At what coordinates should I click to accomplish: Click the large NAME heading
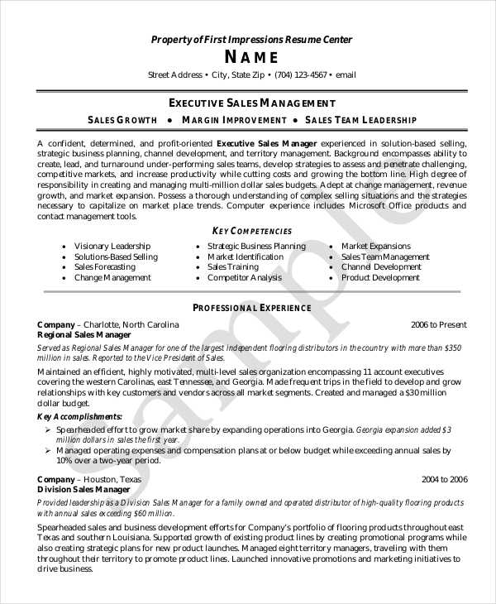[251, 57]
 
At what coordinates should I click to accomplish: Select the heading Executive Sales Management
[251, 103]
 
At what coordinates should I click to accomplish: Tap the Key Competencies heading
[251, 231]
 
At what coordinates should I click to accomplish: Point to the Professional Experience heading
[251, 308]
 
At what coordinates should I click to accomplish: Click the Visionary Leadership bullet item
[112, 247]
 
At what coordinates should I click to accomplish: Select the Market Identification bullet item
[245, 257]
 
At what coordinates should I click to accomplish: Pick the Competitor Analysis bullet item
[244, 278]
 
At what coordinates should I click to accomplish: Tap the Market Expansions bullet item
[375, 247]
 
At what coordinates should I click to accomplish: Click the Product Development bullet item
[380, 278]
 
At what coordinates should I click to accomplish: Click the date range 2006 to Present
[438, 324]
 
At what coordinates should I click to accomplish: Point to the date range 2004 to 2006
[444, 479]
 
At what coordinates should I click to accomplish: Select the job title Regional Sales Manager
[84, 335]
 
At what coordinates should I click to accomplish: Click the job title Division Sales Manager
[83, 490]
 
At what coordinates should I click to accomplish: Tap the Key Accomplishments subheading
[80, 416]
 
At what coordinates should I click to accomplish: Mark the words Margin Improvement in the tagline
[233, 121]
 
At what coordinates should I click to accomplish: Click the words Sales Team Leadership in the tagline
[361, 121]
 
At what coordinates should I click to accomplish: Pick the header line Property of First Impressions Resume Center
[251, 40]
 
